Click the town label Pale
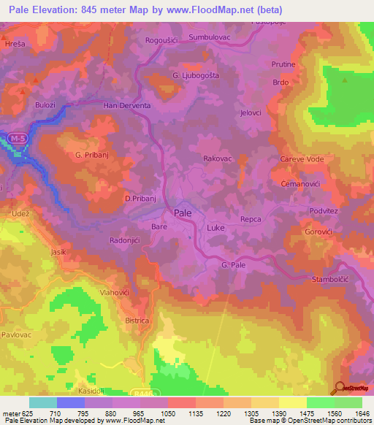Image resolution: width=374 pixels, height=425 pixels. coord(183,212)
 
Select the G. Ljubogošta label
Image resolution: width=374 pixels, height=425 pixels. coord(195,75)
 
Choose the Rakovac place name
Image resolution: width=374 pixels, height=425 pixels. coord(218,157)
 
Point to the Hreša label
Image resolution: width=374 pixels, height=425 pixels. coord(14,44)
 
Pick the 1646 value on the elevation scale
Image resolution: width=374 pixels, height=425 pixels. coord(362,413)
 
